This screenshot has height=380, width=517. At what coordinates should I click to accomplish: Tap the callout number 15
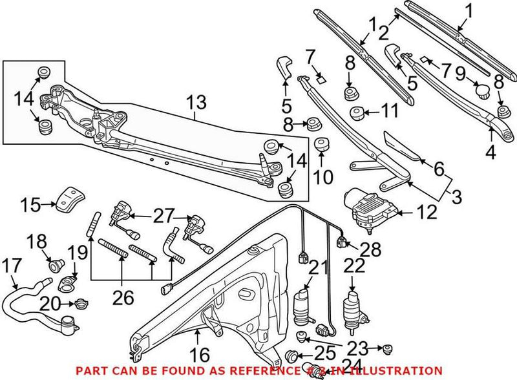pos(29,206)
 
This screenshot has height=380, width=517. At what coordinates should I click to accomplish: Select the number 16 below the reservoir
pos(200,355)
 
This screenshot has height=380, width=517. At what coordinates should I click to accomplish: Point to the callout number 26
pos(123,297)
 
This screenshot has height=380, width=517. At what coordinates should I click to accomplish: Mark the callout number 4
pos(491,154)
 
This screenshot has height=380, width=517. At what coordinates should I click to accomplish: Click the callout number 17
pos(12,265)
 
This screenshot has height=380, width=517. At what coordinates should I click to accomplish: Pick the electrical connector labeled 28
pos(343,244)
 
